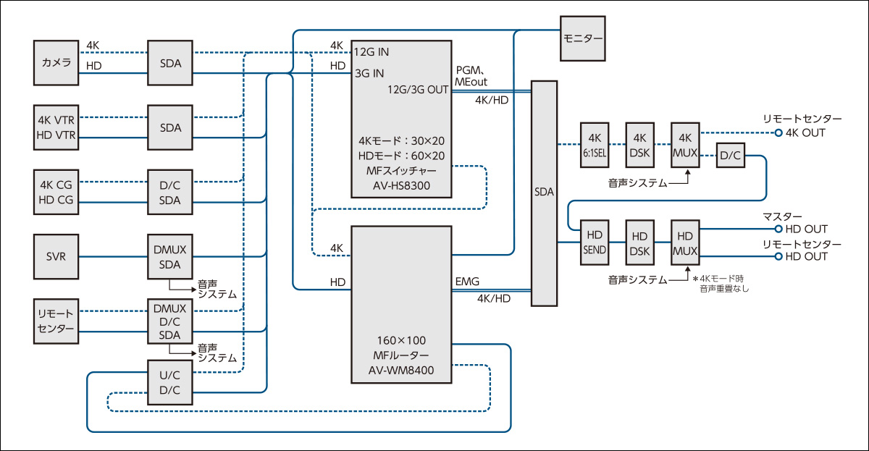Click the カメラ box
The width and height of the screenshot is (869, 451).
[x=56, y=64]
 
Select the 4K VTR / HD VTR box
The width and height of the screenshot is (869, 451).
[x=56, y=127]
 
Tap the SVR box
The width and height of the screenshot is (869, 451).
[x=56, y=256]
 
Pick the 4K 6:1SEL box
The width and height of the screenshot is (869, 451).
[x=595, y=145]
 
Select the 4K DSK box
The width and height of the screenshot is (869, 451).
[x=639, y=145]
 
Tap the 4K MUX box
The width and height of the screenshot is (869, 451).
[x=685, y=145]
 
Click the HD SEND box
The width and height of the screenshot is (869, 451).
[x=595, y=243]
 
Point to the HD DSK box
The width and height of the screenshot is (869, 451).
[x=639, y=243]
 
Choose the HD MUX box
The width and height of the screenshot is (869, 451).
[x=685, y=243]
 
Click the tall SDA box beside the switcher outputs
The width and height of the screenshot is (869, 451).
[x=545, y=193]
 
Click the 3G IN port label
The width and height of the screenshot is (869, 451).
[x=369, y=73]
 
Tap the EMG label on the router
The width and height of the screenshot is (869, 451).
[x=467, y=281]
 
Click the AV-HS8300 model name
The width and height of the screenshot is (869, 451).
[x=402, y=185]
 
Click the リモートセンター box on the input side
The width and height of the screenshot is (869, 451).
[x=56, y=320]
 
